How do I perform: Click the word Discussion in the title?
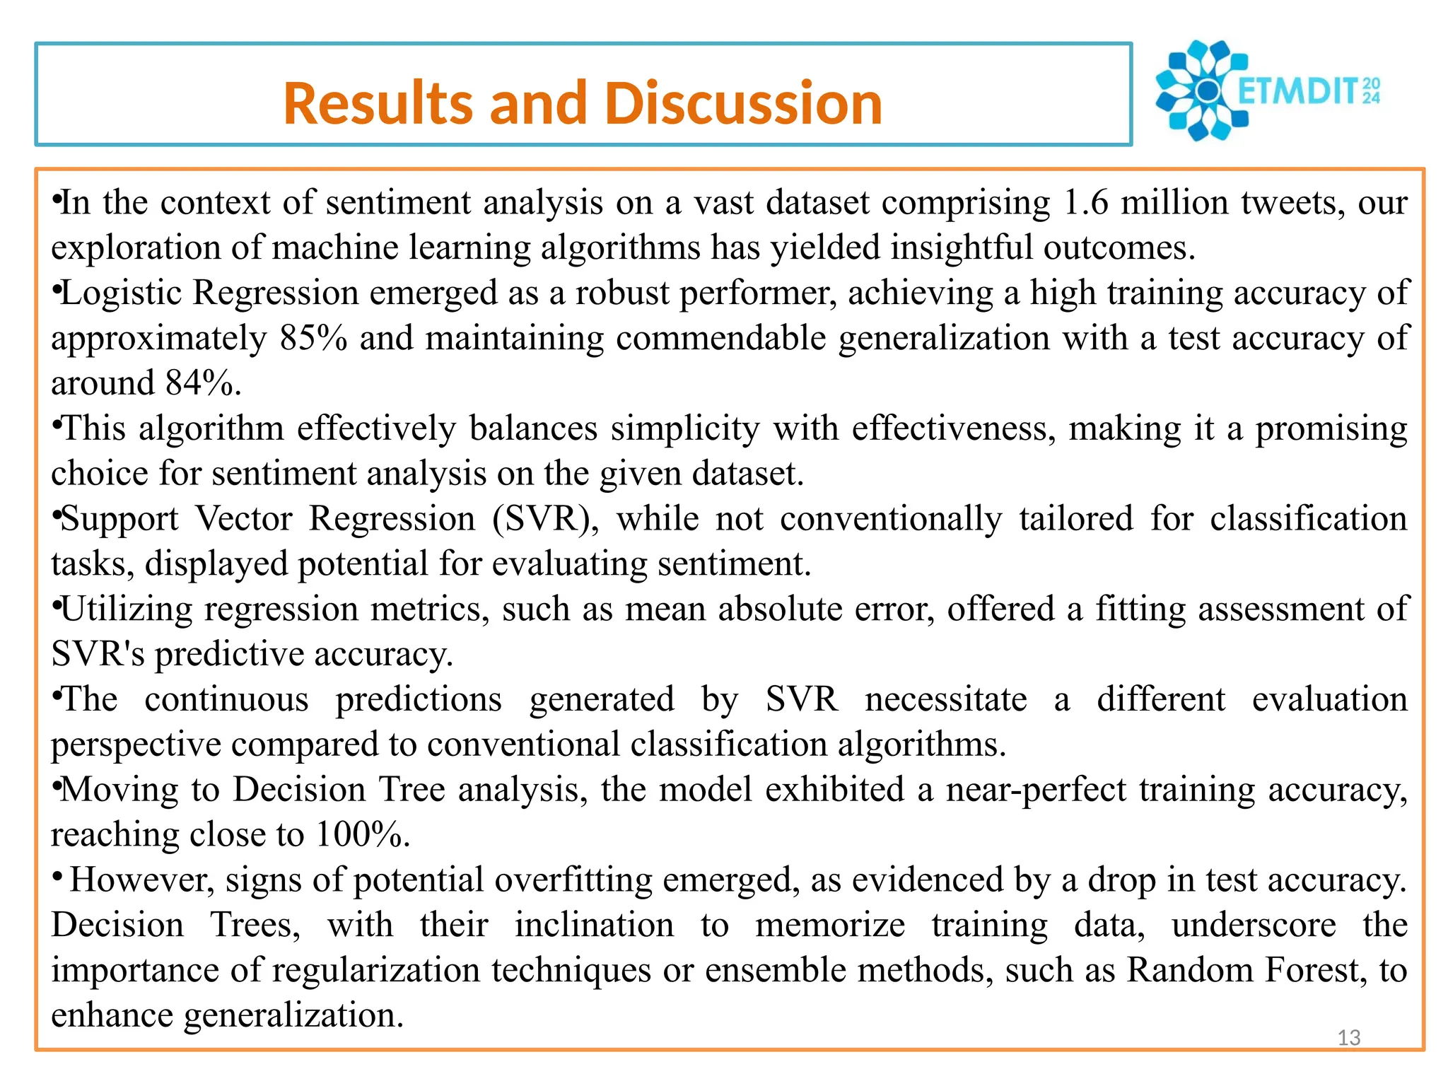(743, 103)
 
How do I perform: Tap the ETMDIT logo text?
(1307, 91)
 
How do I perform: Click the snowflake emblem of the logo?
(1199, 90)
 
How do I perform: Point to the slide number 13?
(1349, 1038)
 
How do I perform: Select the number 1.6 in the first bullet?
(1086, 203)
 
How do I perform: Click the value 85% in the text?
(313, 338)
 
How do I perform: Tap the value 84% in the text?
(202, 383)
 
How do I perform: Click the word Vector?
(243, 519)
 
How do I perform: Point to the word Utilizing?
(127, 609)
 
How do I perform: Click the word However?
(141, 880)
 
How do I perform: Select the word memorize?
(829, 926)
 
